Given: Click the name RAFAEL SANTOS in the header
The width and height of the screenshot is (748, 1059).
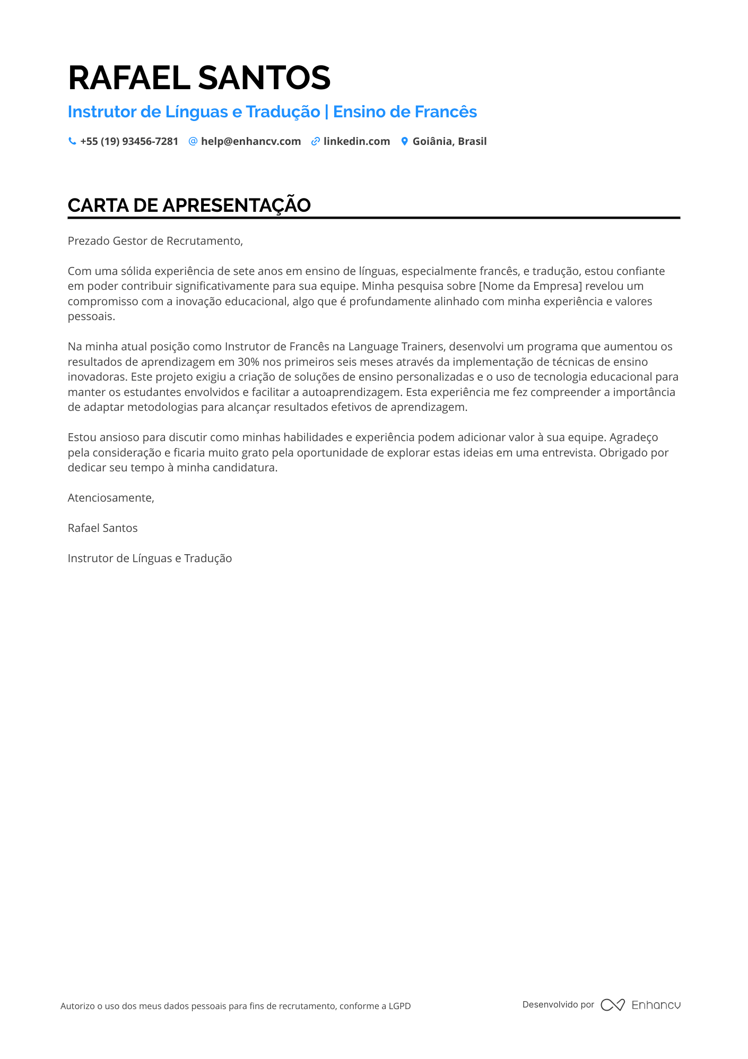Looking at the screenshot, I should tap(199, 78).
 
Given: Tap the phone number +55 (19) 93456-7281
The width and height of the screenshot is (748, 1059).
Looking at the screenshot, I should tap(129, 142).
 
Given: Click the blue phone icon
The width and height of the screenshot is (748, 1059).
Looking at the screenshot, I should tap(72, 141).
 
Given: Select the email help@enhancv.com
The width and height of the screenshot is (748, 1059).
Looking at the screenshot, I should tap(250, 142).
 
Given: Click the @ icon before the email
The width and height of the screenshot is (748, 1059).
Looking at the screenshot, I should tap(193, 141).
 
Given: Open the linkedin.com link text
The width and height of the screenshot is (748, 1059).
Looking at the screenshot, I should tap(356, 142).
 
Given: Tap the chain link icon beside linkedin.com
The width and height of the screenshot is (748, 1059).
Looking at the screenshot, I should tap(315, 141).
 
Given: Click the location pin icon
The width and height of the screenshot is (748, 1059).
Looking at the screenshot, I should tap(404, 141).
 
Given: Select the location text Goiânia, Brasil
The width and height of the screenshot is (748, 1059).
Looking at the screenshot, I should tap(449, 142).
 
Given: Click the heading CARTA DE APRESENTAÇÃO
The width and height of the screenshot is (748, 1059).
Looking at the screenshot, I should tap(189, 205).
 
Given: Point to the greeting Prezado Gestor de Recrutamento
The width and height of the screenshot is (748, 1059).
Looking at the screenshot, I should tap(155, 241).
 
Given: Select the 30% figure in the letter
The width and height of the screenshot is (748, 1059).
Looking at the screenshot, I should tap(240, 362).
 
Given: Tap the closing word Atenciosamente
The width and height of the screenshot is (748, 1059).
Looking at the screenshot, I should tap(110, 498).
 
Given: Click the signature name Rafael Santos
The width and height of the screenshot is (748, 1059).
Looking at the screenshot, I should tap(102, 528).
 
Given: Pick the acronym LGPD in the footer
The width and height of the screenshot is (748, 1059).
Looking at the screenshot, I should tap(399, 1006).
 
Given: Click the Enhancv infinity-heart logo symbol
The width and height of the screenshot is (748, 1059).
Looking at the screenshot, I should tap(613, 1005).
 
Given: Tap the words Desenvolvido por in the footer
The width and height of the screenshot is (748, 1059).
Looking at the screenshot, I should tap(558, 1004).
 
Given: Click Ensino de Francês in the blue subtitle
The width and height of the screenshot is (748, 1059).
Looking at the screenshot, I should tap(405, 112).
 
